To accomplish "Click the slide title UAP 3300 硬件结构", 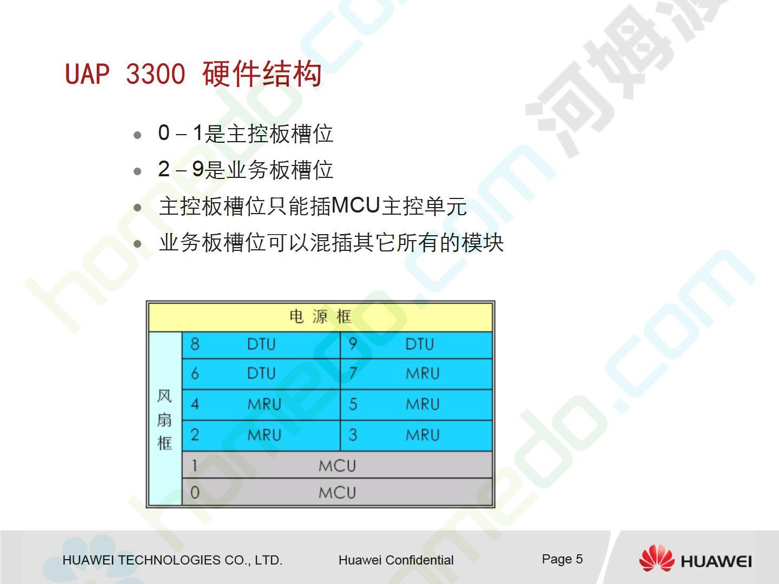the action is (194, 74).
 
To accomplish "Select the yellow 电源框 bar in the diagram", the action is (320, 317).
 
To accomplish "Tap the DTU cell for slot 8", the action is (261, 344).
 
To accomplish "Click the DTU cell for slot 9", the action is (417, 344).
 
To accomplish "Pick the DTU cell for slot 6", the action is (261, 374).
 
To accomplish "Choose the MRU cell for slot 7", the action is (417, 374).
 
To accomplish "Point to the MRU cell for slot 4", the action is (261, 405).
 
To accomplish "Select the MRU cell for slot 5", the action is (417, 405).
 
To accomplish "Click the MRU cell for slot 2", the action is (261, 436).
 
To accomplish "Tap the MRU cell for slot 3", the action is (417, 436).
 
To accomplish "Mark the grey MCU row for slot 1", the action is (337, 465).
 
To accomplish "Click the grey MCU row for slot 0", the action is (337, 492).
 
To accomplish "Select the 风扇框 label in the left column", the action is (164, 420).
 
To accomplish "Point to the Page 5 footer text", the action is (562, 559).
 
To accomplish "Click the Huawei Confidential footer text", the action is (396, 560).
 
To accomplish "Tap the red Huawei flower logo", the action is (657, 558).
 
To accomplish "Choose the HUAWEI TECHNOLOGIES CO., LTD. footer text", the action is (173, 560).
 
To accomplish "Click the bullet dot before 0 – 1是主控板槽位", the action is (137, 135).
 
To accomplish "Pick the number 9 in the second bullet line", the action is (197, 169).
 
